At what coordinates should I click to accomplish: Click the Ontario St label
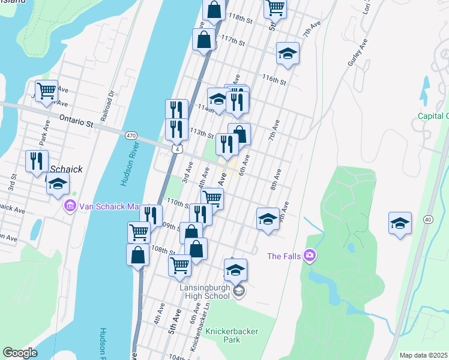tap(77, 122)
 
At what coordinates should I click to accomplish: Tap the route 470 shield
tap(130, 136)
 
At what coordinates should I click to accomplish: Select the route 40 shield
tap(427, 220)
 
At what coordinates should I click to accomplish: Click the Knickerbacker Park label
tap(222, 335)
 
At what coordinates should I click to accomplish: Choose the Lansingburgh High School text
tap(204, 291)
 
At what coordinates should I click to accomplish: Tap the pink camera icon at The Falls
tap(310, 256)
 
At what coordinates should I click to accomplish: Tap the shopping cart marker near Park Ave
tap(46, 91)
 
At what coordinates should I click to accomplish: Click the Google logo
tap(20, 352)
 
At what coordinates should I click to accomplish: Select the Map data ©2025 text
tap(423, 355)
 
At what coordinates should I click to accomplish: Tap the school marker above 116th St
tap(288, 53)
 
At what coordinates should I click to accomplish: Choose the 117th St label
tap(233, 43)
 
